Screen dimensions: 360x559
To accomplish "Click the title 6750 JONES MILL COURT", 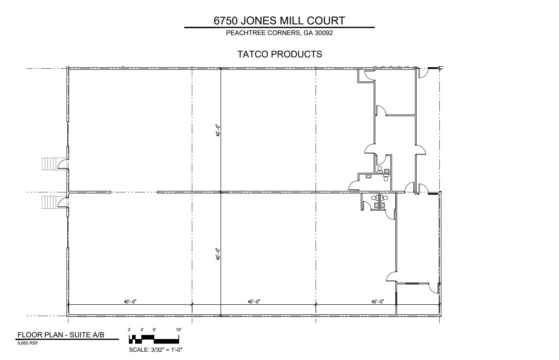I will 279,21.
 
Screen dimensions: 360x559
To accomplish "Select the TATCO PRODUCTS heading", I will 279,54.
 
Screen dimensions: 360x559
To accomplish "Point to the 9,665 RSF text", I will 28,343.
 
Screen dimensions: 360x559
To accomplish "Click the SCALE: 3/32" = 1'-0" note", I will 155,350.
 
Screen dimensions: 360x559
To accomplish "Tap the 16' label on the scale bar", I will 179,330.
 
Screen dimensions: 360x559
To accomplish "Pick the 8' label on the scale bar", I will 154,330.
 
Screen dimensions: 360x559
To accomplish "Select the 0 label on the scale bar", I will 129,330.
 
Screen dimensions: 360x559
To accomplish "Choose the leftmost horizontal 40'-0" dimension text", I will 130,302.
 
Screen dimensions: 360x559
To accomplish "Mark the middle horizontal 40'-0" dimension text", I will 254,302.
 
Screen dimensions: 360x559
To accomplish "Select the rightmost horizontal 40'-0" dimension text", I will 377,302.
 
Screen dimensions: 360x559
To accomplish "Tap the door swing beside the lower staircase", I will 63,202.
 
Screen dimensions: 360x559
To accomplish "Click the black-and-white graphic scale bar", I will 154,339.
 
